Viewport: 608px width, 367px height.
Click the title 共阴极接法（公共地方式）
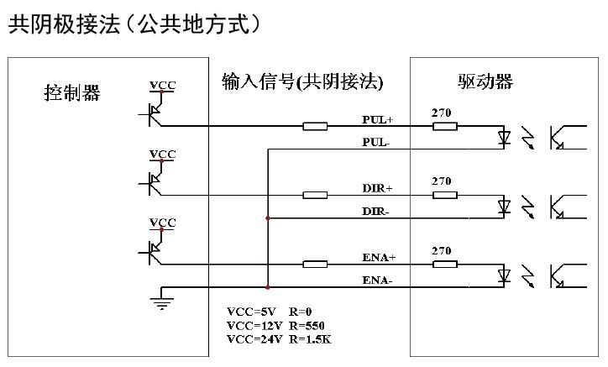tap(134, 24)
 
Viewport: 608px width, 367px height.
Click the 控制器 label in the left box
tap(72, 92)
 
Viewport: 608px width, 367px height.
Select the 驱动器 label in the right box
tap(485, 82)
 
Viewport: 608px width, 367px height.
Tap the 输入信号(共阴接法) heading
tap(302, 81)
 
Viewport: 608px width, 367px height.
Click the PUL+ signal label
tap(378, 119)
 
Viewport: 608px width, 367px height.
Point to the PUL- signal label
tap(376, 142)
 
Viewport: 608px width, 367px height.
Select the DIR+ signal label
tap(377, 188)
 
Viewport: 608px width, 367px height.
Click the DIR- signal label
tap(375, 211)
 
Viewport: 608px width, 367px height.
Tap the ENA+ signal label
tap(379, 257)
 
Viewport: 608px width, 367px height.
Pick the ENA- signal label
tap(377, 280)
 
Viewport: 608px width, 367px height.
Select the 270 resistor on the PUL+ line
tap(445, 127)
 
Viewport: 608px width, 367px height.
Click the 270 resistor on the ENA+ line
tap(445, 265)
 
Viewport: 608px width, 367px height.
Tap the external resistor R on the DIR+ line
tap(315, 196)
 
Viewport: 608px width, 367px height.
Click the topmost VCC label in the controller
tap(162, 86)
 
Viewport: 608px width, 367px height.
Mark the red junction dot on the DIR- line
tap(267, 218)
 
